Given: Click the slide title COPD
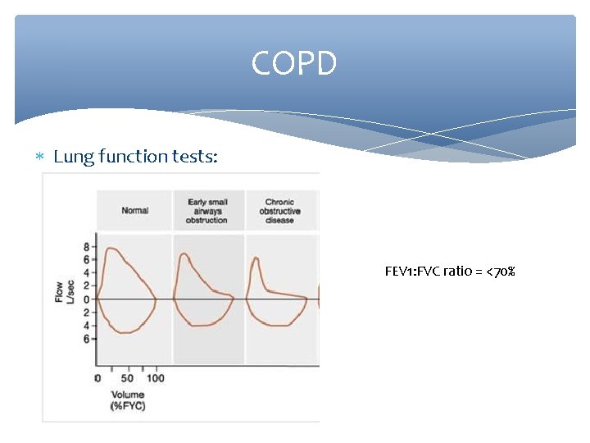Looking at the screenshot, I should tap(294, 64).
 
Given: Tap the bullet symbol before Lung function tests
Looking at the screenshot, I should tap(43, 157).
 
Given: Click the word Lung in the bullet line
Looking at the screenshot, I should tap(73, 157).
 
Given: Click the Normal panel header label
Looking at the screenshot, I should tap(134, 211).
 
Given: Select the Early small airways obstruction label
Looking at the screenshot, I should tap(207, 211).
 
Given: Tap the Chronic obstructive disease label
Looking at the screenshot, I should tap(279, 211).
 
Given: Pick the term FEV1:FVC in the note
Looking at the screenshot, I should tap(413, 271).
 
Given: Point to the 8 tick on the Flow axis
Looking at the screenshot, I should tap(86, 246).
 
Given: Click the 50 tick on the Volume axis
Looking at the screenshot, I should tap(127, 378).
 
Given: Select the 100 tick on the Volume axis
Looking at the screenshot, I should tap(155, 378).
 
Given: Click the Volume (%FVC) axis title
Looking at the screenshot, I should tap(127, 400).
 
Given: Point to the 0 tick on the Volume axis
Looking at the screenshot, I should tap(98, 378).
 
